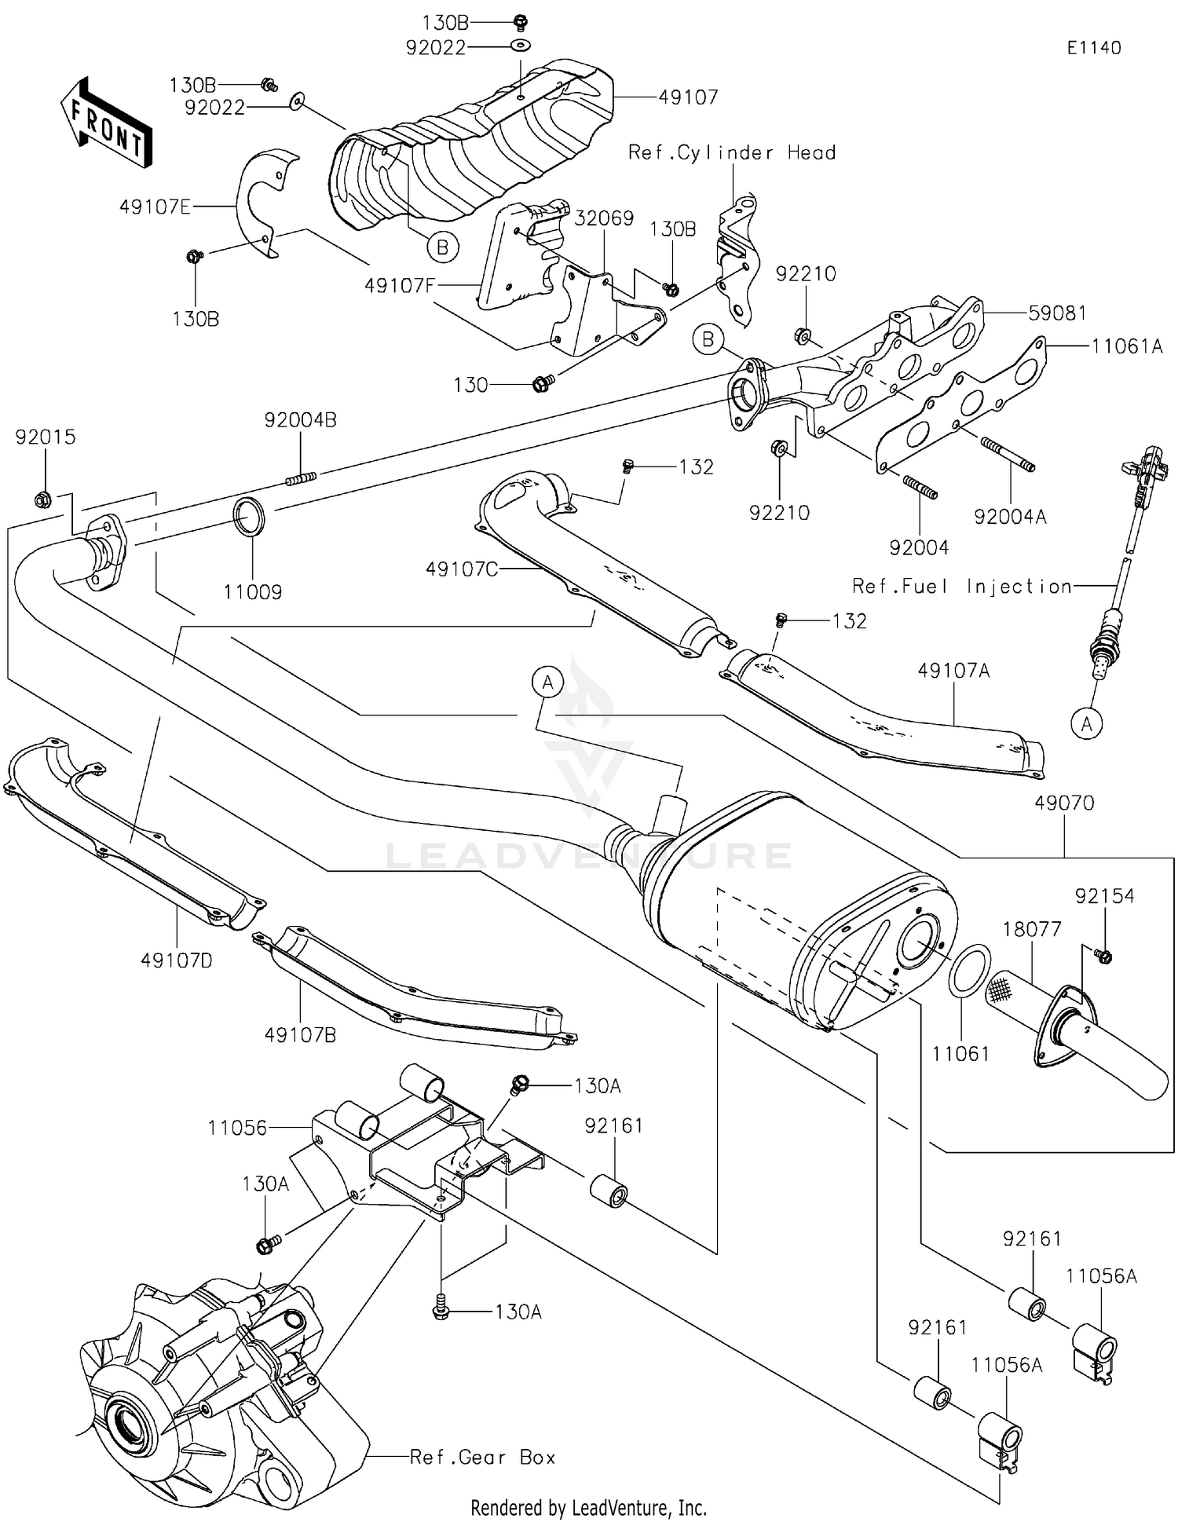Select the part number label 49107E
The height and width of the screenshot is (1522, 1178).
[x=155, y=207]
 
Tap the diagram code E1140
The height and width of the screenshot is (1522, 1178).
[x=1093, y=48]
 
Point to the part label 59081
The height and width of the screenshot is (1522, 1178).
[x=1057, y=313]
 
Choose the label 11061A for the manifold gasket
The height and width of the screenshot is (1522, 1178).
[x=1126, y=346]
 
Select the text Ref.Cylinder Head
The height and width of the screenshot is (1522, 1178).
[x=731, y=152]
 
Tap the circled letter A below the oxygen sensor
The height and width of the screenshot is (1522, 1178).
[x=1086, y=723]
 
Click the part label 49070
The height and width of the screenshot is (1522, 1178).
[x=1063, y=803]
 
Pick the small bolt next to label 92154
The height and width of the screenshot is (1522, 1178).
[x=1103, y=956]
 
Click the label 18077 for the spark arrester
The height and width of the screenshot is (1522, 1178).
[x=1031, y=929]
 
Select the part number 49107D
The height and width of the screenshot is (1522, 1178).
[x=177, y=960]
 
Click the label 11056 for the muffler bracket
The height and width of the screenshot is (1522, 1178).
[x=237, y=1128]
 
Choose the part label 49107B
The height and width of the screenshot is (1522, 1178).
[x=300, y=1035]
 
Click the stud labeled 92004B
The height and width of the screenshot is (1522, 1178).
[x=300, y=477]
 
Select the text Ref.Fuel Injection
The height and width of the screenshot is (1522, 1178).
[x=962, y=586]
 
